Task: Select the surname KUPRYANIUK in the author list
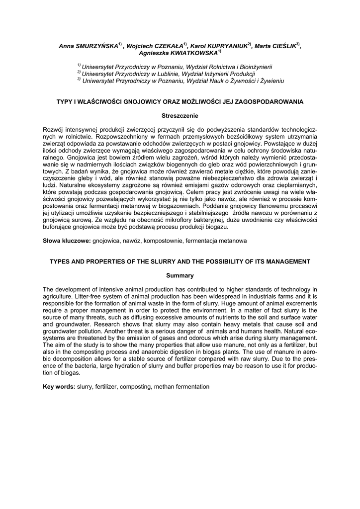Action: (226, 46)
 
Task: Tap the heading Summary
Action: (180, 275)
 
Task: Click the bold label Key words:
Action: (59, 387)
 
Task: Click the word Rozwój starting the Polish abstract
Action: (55, 130)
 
